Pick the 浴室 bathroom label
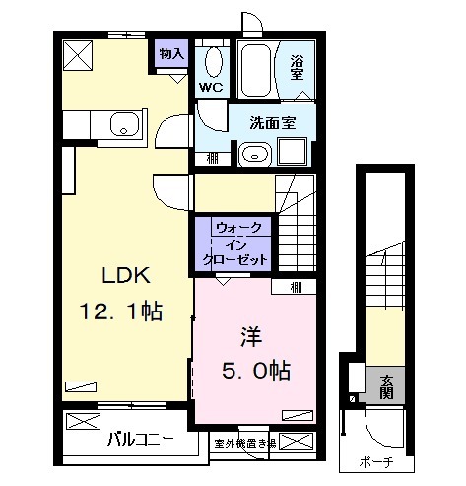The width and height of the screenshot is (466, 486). coord(298,69)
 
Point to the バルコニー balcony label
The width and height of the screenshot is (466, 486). coord(140,439)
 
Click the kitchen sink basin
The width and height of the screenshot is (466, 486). coord(123,125)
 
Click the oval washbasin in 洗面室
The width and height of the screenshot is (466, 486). coord(253,154)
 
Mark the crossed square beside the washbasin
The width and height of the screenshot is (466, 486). coord(293,153)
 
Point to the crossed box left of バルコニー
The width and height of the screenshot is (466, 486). coord(82,423)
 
